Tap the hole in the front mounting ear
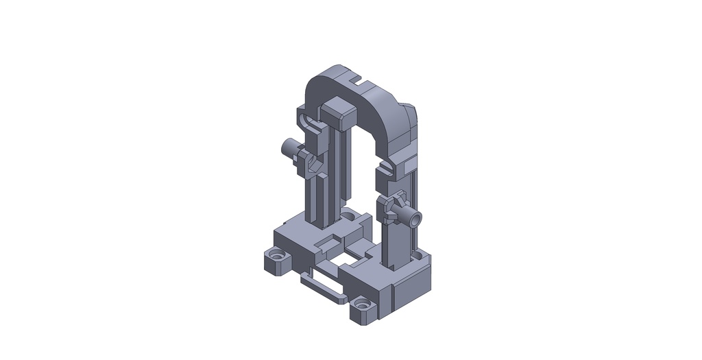(x=362, y=302)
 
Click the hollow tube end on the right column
(x=415, y=219)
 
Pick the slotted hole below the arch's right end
(x=389, y=165)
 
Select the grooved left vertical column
(x=321, y=199)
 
